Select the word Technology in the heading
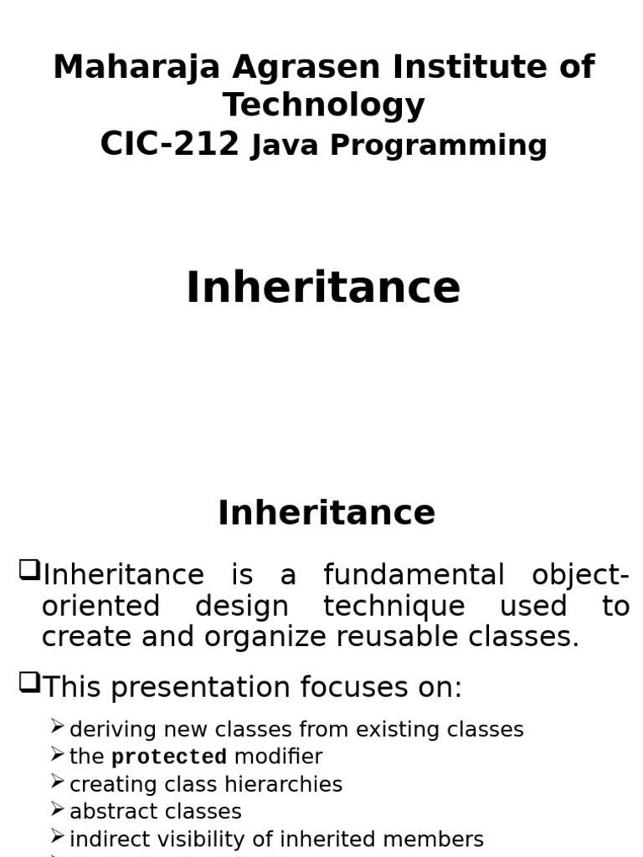click(323, 105)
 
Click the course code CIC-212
click(169, 144)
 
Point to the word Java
click(285, 146)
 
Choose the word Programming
click(438, 146)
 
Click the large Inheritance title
click(323, 288)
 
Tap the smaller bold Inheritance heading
click(327, 513)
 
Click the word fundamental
click(414, 576)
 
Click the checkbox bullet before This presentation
click(29, 685)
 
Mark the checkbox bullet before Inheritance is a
click(29, 572)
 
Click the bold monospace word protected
click(169, 757)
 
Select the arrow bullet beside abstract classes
click(57, 809)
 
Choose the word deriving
click(106, 730)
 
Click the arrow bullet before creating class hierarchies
click(57, 783)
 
